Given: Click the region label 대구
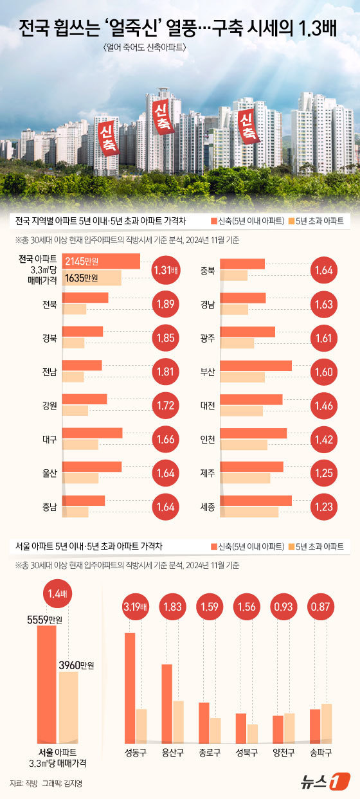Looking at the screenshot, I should click(50, 439).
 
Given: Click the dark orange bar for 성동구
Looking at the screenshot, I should click(130, 685).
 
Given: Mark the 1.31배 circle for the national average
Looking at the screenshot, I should click(167, 270).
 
